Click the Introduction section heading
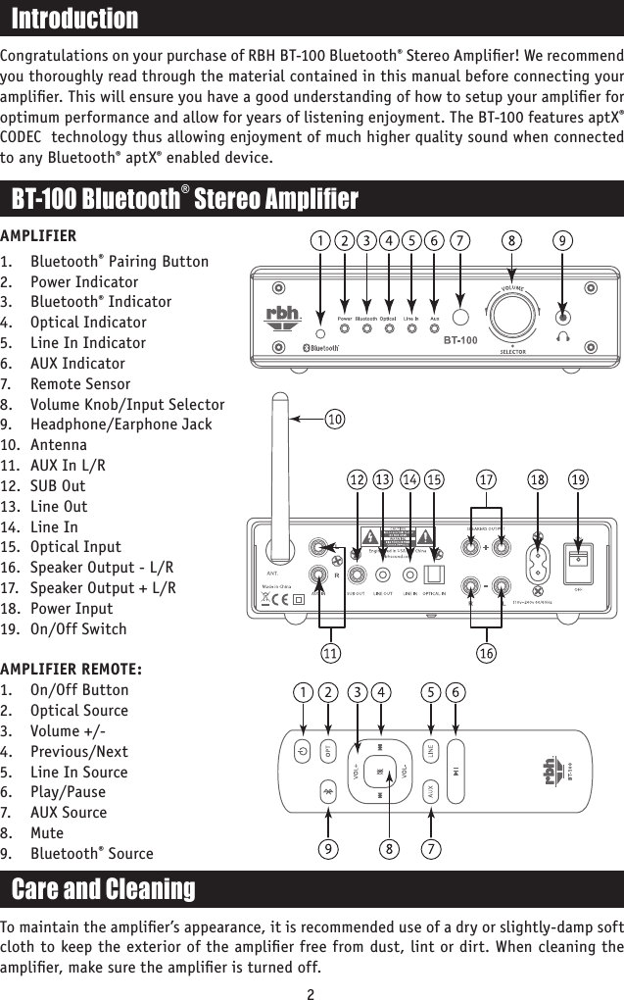coord(74,19)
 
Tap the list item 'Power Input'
coord(72,608)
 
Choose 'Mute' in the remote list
coord(50,832)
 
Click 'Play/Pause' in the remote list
coord(68,791)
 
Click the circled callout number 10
coord(335,420)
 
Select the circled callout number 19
coord(578,479)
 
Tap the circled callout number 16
coord(487,651)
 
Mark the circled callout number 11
coord(335,651)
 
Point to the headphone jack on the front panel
coord(562,317)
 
